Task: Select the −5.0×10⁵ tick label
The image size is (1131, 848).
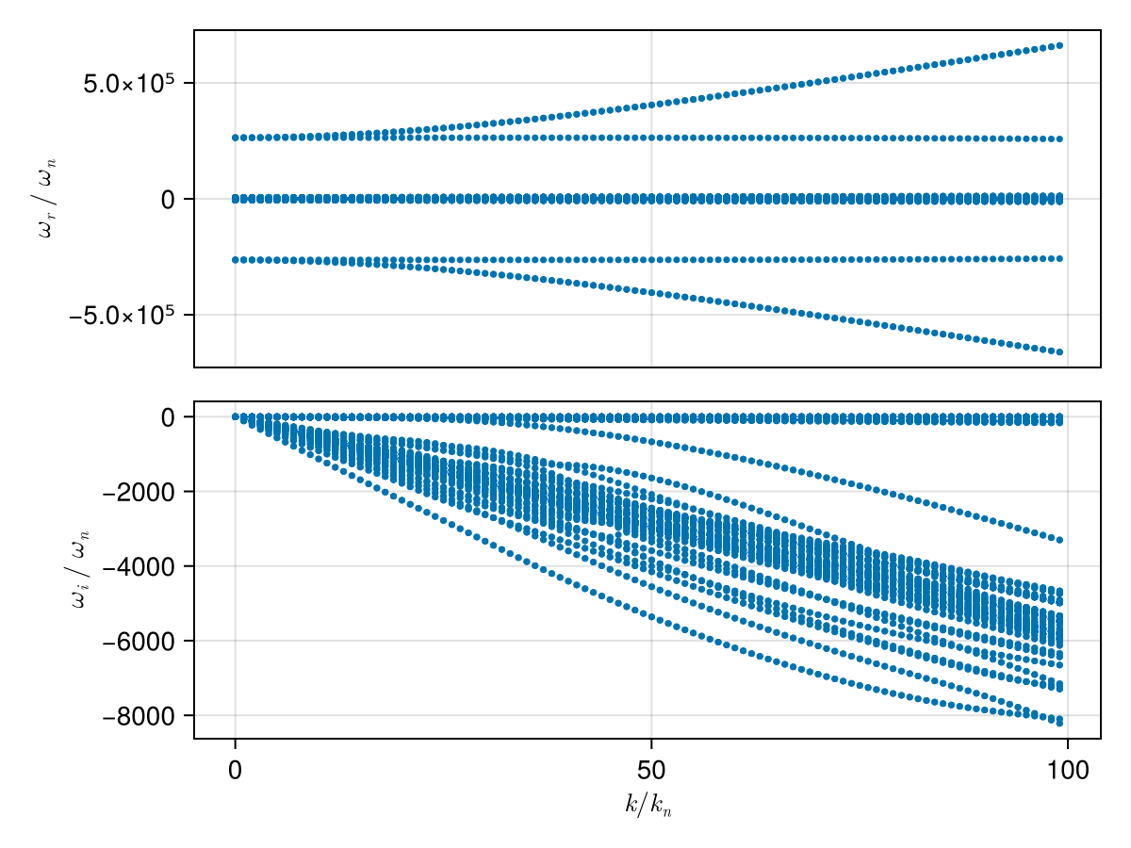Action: point(123,315)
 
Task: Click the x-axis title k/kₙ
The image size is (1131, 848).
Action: point(648,806)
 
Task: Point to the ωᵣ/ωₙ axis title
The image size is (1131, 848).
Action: point(45,199)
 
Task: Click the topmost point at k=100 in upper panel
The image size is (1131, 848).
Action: point(1059,45)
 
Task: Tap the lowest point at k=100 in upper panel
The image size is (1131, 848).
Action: point(1059,352)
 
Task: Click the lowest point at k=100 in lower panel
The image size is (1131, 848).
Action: point(1059,723)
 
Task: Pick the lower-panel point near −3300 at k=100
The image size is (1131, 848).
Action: point(1059,540)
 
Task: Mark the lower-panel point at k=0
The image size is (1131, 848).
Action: point(235,416)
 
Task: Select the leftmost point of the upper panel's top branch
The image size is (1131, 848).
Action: point(235,138)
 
